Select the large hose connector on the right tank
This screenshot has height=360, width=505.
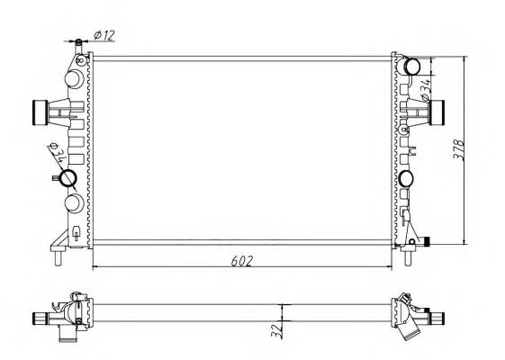(x=440, y=112)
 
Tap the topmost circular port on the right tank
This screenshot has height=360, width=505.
(x=410, y=67)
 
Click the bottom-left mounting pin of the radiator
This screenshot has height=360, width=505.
(x=57, y=261)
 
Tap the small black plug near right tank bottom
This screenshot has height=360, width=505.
(x=428, y=240)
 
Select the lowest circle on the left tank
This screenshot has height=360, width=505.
(x=74, y=200)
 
